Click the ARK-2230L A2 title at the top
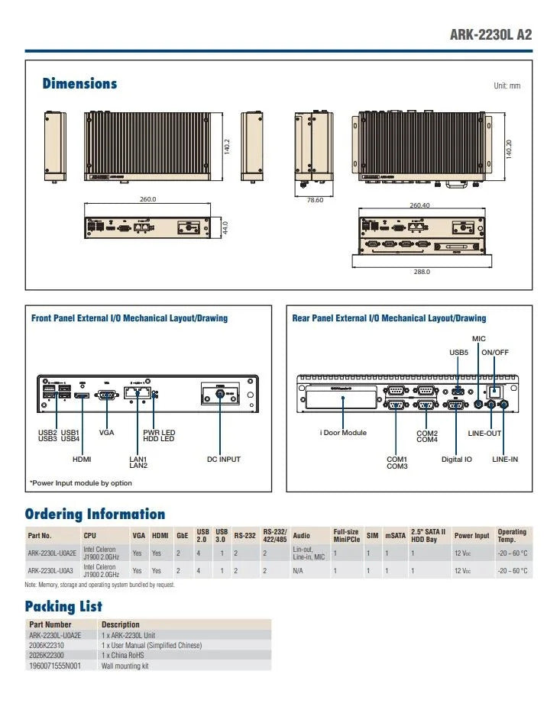point(490,34)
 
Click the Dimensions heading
point(79,84)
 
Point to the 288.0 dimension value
point(421,271)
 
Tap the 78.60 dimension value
point(314,200)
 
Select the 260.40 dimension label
point(419,205)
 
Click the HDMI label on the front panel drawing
point(82,460)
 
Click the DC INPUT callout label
point(224,460)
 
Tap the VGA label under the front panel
point(107,433)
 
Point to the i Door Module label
point(343,433)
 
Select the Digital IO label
point(457,460)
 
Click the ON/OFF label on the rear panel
point(495,353)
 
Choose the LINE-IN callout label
point(505,460)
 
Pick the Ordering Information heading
point(95,514)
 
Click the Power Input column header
point(471,536)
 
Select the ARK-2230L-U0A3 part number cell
point(51,570)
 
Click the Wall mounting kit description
point(125,666)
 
